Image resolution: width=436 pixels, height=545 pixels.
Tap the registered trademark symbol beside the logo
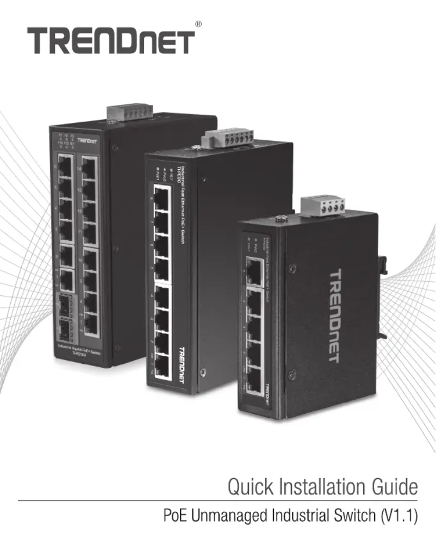pos(198,24)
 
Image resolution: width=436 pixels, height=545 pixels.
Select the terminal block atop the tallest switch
pos(129,112)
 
